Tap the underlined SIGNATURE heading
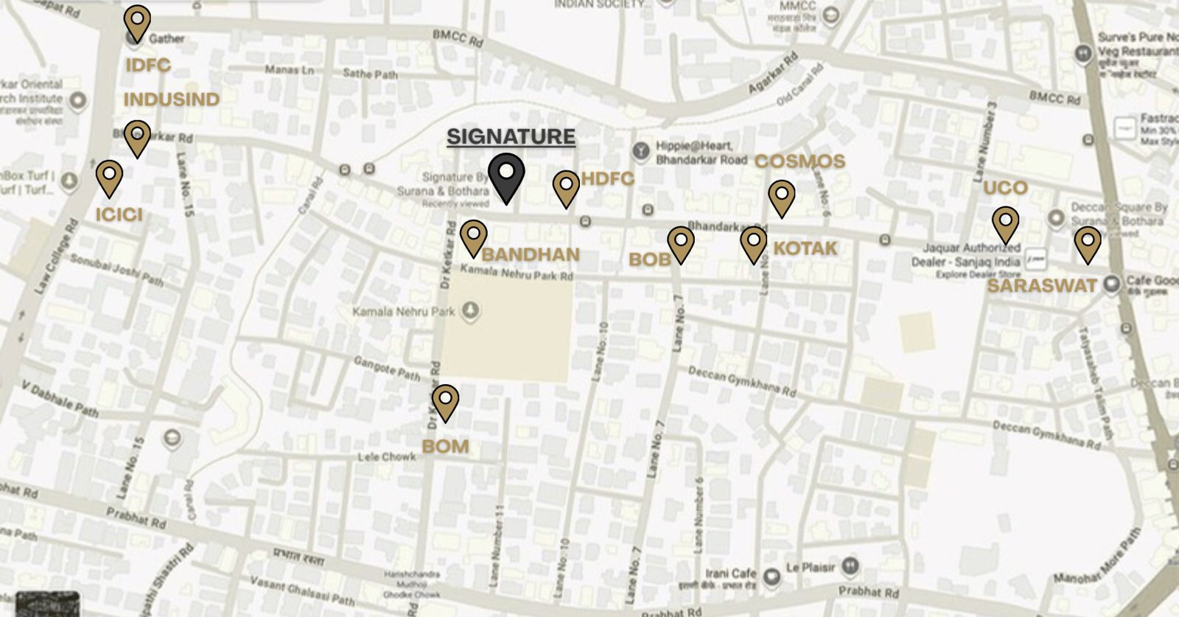511,137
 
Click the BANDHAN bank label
531,255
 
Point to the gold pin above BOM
445,402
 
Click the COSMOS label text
800,161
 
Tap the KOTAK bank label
805,248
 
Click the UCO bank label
1005,188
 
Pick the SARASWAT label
1042,286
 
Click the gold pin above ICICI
109,177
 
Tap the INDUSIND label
172,100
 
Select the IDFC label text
148,66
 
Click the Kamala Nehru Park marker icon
470,311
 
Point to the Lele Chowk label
387,457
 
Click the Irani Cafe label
730,574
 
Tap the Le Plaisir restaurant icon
850,566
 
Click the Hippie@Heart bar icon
641,152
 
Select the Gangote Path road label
387,368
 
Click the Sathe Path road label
370,74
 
